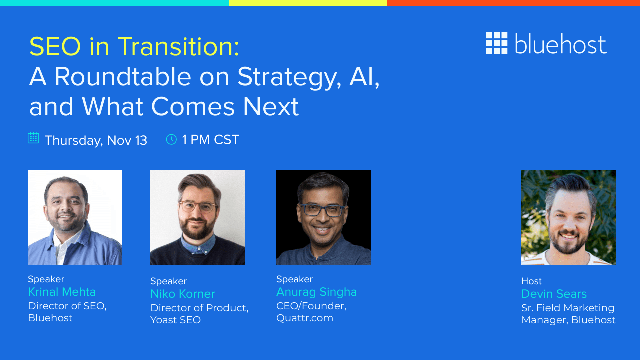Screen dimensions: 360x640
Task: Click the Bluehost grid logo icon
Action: [x=496, y=43]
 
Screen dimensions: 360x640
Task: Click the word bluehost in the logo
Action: [x=560, y=45]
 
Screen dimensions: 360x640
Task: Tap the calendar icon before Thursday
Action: [x=33, y=138]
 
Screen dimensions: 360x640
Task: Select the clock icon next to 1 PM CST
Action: [x=171, y=139]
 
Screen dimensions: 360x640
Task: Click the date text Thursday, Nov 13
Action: [x=96, y=140]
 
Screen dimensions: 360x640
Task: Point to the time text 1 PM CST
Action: [x=210, y=140]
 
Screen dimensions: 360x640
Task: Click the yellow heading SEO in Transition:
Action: [x=134, y=47]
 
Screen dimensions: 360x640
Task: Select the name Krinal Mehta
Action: [x=62, y=292]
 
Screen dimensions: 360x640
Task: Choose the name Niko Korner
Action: [x=182, y=294]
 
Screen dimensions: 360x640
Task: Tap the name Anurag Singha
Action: [x=316, y=292]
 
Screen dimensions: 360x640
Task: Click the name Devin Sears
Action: [x=554, y=294]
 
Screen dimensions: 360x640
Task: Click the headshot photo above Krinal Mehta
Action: [x=75, y=217]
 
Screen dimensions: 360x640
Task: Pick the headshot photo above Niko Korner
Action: [x=197, y=217]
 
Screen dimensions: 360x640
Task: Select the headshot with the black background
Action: [x=323, y=217]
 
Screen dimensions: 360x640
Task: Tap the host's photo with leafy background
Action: [x=568, y=217]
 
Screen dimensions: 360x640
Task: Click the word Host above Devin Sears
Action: [x=531, y=281]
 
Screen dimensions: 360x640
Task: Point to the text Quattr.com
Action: [x=305, y=318]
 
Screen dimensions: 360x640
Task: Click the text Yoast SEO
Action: [x=175, y=320]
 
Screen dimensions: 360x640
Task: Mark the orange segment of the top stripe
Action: [x=513, y=3]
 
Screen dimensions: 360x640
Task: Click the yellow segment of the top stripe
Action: [x=308, y=3]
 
